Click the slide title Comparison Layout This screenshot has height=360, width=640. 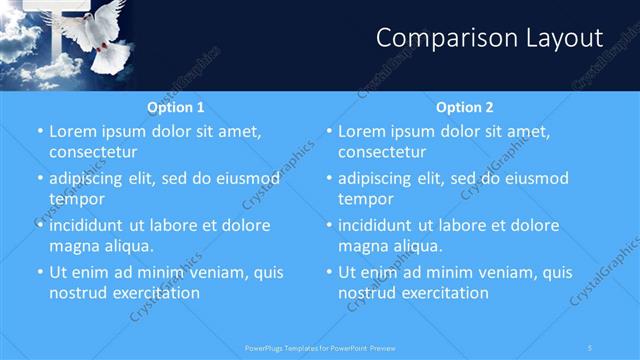[x=489, y=38]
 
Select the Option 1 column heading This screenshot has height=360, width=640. [x=176, y=107]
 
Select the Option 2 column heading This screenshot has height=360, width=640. [x=465, y=107]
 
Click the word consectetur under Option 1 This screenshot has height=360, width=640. [x=92, y=152]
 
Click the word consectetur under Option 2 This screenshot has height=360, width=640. [x=381, y=152]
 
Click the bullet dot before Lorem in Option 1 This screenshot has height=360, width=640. [x=39, y=131]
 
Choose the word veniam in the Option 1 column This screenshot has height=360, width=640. [x=201, y=272]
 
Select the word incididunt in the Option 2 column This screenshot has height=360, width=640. [x=379, y=225]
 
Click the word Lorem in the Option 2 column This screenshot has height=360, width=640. [x=363, y=131]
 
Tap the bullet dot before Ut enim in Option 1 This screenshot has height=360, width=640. [x=39, y=272]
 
